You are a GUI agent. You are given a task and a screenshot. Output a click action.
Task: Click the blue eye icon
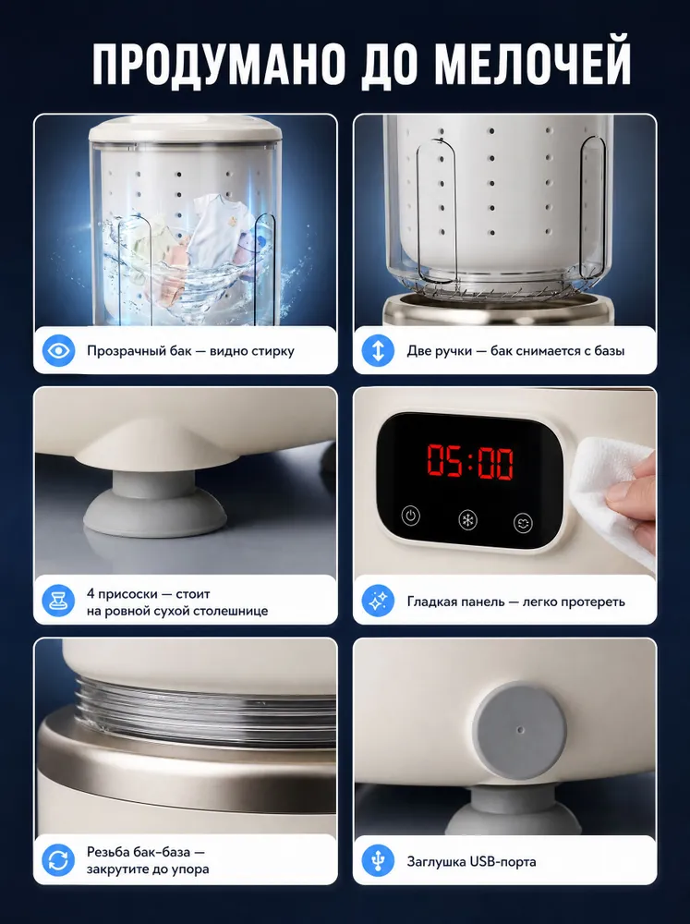coord(58,350)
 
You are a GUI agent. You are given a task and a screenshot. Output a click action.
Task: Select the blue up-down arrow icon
coord(378,350)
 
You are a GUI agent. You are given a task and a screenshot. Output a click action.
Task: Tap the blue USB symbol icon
coord(378,861)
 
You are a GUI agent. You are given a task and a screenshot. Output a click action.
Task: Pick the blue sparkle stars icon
coord(378,602)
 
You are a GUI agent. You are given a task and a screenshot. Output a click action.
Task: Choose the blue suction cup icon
coord(58,602)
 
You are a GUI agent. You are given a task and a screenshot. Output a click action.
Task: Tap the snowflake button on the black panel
coord(468,519)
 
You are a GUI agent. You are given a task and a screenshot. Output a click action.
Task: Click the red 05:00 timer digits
coord(470,461)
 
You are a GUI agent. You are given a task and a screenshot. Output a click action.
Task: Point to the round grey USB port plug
coord(521,731)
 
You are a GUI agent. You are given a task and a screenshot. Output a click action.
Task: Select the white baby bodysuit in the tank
coord(214,230)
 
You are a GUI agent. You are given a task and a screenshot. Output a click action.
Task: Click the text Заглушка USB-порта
coord(471,861)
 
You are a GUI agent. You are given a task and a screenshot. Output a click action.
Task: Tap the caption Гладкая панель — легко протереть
coord(515,602)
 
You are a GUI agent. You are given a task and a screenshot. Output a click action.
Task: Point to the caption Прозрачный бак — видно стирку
coord(190,351)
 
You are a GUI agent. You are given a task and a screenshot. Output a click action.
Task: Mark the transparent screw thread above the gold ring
coord(206,710)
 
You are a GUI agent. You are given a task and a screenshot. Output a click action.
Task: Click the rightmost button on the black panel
coord(523,523)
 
